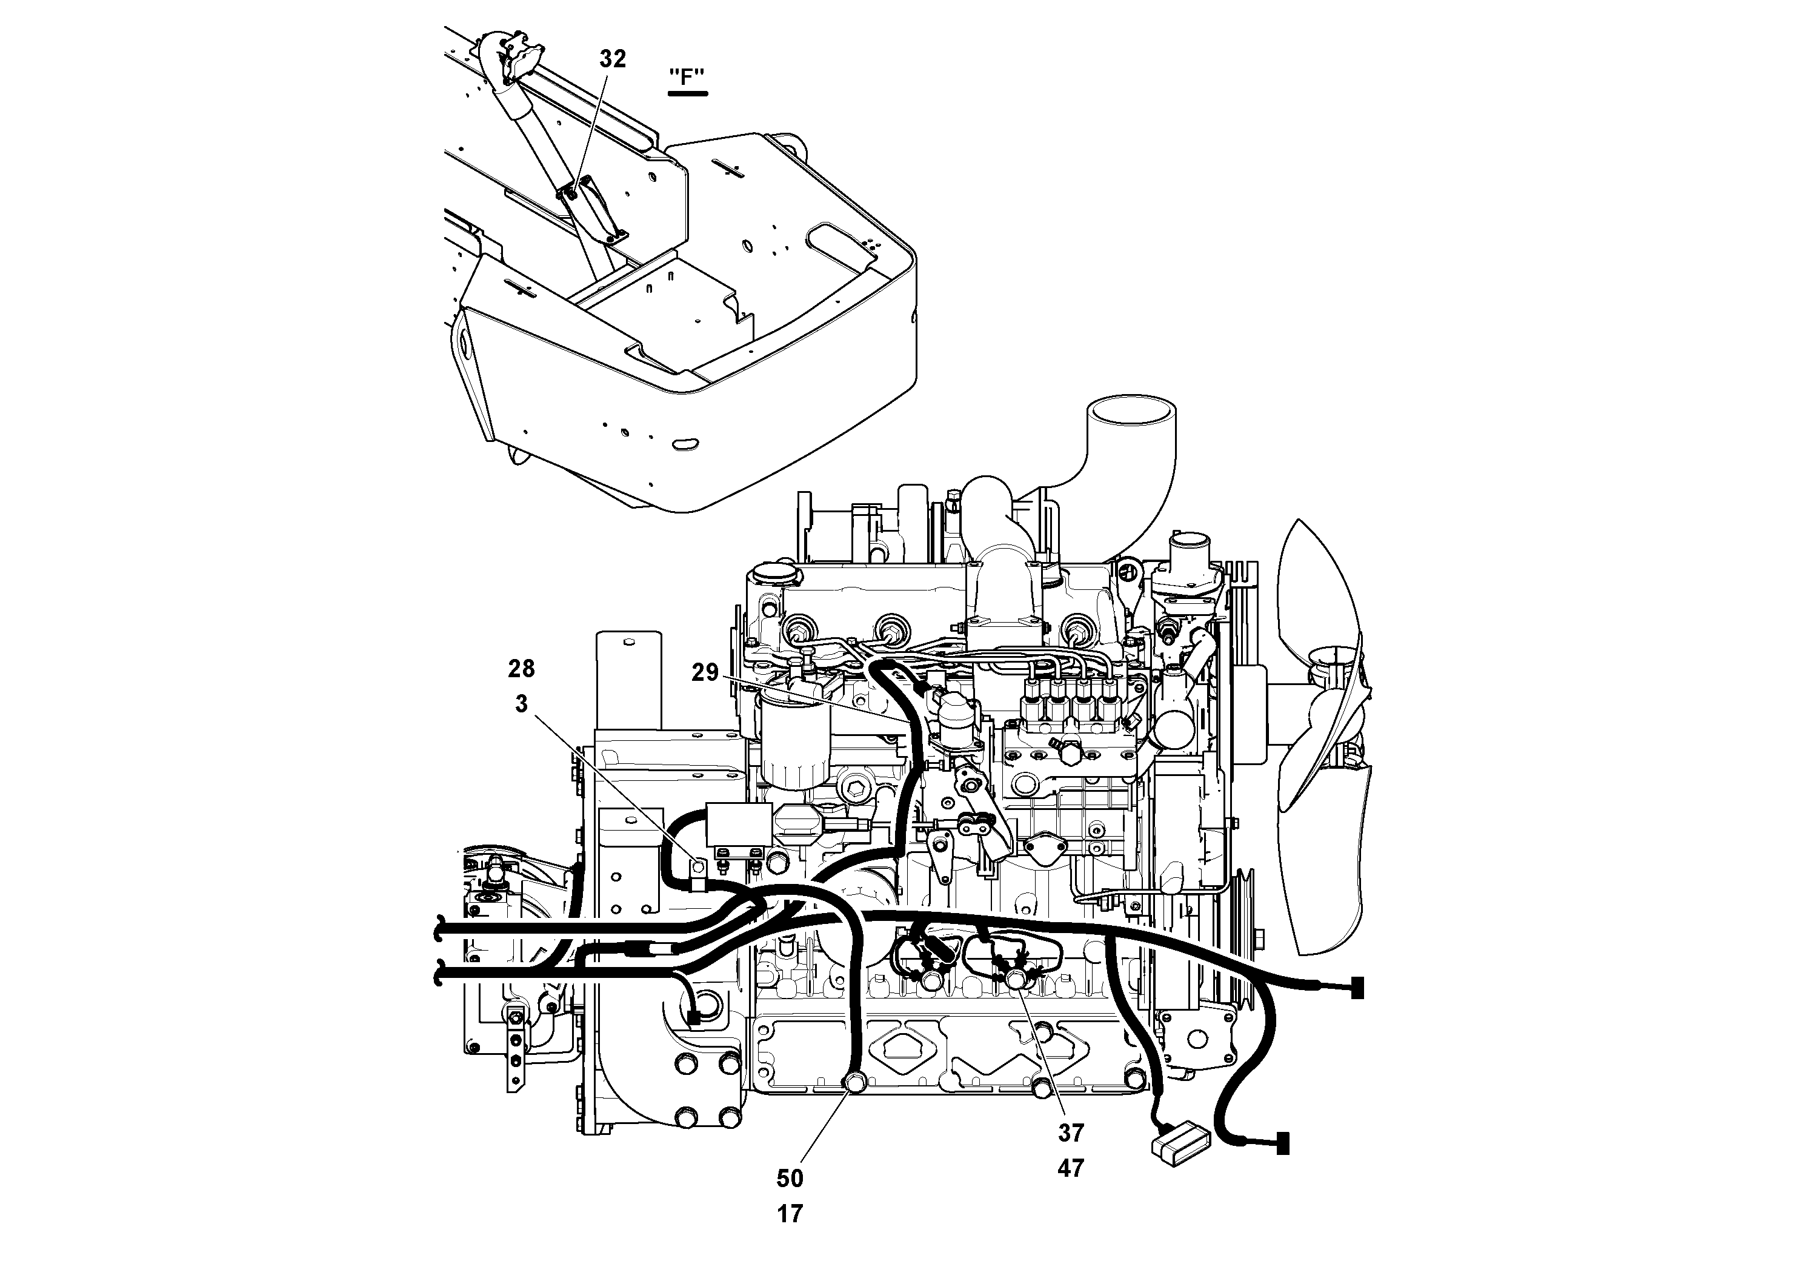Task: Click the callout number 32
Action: tap(613, 59)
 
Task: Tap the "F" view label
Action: tap(687, 77)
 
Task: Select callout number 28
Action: tap(521, 669)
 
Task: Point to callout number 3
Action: tap(521, 703)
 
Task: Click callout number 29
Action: tap(705, 672)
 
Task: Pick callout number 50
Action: tap(790, 1179)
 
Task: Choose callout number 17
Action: tap(790, 1214)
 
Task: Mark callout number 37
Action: tap(1070, 1133)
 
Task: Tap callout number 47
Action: tap(1070, 1169)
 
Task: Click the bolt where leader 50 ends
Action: tap(854, 1085)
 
